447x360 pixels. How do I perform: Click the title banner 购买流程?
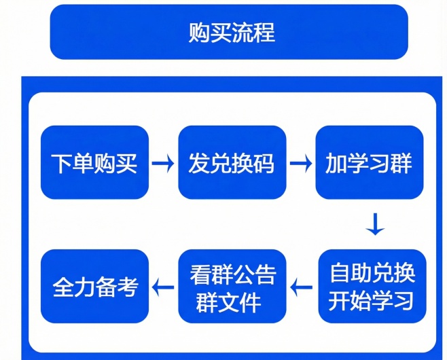tap(229, 32)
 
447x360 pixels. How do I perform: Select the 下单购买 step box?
tap(94, 163)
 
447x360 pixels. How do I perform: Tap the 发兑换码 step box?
tap(232, 163)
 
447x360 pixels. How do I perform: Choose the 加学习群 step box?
tap(369, 163)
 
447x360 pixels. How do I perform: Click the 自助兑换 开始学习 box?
tap(372, 286)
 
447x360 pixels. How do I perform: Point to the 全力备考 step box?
tap(94, 286)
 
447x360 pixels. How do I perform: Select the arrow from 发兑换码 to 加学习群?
tap(300, 164)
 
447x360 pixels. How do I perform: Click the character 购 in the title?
tap(198, 33)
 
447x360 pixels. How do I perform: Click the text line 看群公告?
tap(232, 274)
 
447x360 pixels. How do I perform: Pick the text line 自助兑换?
tap(372, 273)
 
